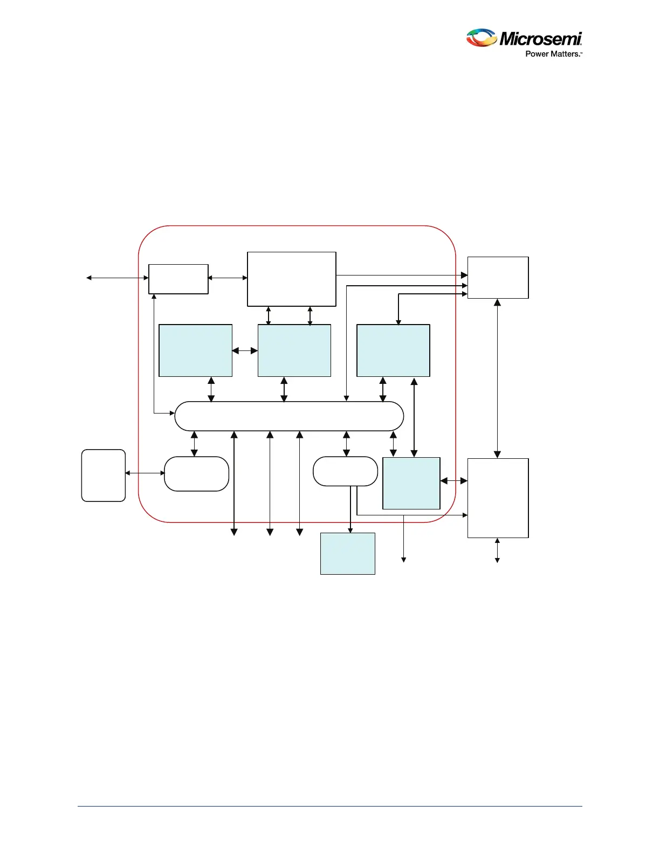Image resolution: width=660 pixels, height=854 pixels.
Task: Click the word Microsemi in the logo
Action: (x=540, y=39)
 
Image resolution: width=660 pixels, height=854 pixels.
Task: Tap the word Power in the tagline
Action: (x=537, y=54)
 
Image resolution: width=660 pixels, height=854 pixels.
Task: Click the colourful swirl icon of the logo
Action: (x=481, y=38)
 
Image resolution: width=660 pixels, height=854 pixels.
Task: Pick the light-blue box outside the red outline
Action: (x=348, y=554)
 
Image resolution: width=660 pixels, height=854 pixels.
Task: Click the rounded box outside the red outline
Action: (x=104, y=476)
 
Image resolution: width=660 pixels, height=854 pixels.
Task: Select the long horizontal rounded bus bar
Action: (x=289, y=416)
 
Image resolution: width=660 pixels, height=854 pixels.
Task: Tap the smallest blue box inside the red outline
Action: (x=411, y=483)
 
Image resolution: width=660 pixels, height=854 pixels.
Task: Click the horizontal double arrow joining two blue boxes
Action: (x=245, y=351)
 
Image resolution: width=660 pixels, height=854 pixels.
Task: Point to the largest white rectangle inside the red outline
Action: (x=292, y=279)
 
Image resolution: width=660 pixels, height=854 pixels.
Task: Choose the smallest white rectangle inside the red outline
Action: (x=178, y=279)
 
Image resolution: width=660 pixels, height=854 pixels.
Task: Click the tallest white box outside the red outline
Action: (x=498, y=498)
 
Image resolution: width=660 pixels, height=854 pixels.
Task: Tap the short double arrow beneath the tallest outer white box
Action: (x=497, y=550)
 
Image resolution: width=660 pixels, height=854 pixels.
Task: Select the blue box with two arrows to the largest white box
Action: (x=294, y=350)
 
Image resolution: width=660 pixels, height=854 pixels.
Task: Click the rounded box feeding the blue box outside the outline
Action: (x=345, y=471)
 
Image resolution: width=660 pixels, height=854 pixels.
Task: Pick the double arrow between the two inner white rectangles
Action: (x=228, y=278)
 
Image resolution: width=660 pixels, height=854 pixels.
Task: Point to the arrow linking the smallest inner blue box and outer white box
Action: (x=454, y=480)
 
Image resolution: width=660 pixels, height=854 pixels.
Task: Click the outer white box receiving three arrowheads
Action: (x=498, y=278)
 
